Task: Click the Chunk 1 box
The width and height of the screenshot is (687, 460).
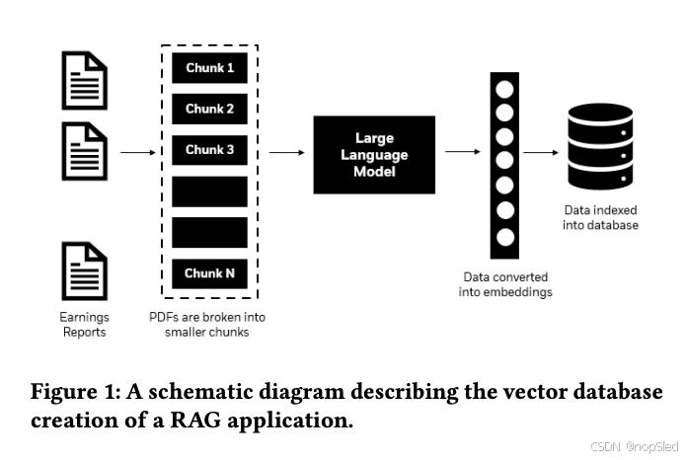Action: (x=209, y=68)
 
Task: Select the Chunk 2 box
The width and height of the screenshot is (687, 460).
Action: (x=209, y=110)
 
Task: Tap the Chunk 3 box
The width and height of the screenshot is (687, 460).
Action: (x=209, y=150)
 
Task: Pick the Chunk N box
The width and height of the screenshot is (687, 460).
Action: (x=209, y=273)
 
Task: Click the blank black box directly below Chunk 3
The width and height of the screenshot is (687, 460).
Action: (x=209, y=192)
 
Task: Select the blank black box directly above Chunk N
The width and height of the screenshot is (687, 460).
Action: (x=209, y=232)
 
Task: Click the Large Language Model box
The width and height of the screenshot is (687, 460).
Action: (x=374, y=154)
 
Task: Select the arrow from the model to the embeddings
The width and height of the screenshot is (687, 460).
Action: (x=461, y=152)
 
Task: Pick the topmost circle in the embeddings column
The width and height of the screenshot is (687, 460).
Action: (x=505, y=88)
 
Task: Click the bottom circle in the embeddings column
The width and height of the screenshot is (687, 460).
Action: (x=505, y=237)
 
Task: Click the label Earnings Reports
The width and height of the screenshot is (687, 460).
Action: (x=85, y=325)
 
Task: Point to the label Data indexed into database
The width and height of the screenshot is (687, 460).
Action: (x=600, y=217)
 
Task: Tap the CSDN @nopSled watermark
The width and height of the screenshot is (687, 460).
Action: (x=628, y=447)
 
